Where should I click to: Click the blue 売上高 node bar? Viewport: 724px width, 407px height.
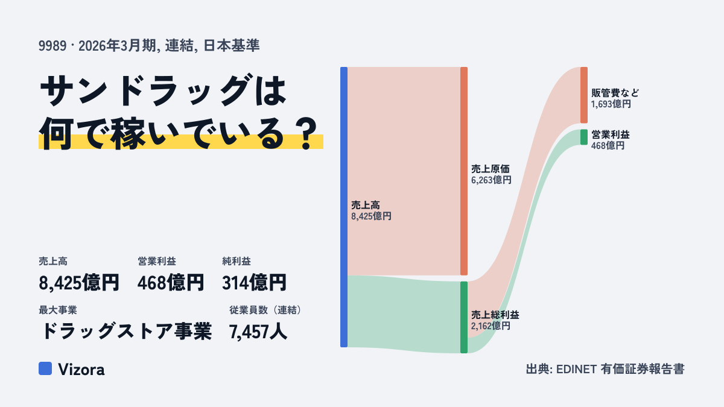344,207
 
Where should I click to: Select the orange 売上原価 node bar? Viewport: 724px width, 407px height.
464,171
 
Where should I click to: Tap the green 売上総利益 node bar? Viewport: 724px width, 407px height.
464,317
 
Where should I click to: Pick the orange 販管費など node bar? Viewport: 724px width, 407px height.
584,95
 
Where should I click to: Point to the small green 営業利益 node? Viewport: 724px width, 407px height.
584,137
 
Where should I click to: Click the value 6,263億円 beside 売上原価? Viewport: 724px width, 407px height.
491,180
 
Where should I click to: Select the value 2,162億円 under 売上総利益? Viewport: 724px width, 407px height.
491,326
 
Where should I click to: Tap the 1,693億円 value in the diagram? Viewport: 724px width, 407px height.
611,104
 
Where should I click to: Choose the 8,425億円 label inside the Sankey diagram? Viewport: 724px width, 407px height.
371,216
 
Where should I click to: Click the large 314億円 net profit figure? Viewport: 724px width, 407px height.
254,283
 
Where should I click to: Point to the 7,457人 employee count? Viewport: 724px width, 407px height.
258,332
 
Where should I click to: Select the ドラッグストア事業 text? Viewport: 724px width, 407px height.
126,332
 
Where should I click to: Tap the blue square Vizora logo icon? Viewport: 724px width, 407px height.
45,368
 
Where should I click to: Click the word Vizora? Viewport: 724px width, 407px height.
81,369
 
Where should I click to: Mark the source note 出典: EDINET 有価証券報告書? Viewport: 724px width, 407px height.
605,369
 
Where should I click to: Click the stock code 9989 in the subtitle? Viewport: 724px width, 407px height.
52,46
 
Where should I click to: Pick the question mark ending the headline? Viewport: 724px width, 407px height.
306,134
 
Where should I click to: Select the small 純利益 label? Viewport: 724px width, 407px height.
237,261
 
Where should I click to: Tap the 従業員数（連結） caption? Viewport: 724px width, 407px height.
265,310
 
